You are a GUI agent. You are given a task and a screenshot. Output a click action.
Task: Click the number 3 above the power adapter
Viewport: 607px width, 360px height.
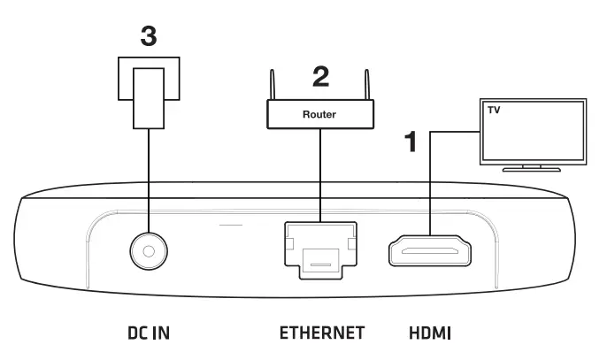(150, 38)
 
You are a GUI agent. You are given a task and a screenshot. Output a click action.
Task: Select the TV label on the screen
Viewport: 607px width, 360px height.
(493, 111)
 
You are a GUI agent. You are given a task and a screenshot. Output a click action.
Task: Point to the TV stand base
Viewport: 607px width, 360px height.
(532, 167)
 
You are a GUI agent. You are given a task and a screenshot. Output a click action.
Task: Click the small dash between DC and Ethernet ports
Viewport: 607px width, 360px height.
(231, 224)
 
